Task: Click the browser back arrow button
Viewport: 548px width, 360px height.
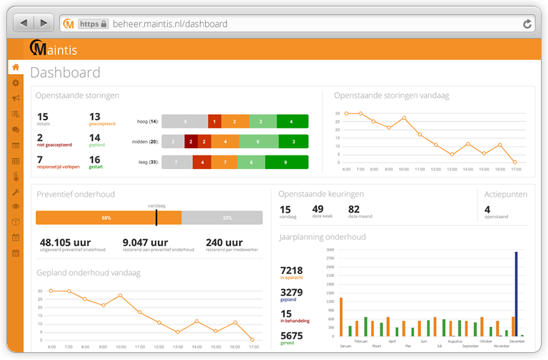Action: pyautogui.click(x=24, y=23)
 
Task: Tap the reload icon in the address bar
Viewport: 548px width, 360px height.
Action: pyautogui.click(x=527, y=24)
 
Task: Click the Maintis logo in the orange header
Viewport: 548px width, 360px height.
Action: pyautogui.click(x=54, y=48)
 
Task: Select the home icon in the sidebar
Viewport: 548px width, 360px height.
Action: pyautogui.click(x=15, y=67)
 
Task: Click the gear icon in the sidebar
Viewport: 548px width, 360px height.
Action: pyautogui.click(x=15, y=83)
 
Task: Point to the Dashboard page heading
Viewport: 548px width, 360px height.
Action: pyautogui.click(x=65, y=72)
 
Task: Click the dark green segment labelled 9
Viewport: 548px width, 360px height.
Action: pyautogui.click(x=286, y=163)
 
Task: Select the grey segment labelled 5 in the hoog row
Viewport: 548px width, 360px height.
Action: pyautogui.click(x=184, y=121)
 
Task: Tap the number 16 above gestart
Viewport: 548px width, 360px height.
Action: pyautogui.click(x=95, y=160)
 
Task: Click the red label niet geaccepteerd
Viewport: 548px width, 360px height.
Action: pyautogui.click(x=54, y=145)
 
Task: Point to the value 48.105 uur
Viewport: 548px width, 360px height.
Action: pyautogui.click(x=65, y=243)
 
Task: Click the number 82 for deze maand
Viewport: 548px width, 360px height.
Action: pyautogui.click(x=354, y=209)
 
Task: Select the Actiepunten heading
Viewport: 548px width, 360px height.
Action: pyautogui.click(x=506, y=194)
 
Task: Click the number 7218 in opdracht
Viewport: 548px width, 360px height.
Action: pyautogui.click(x=291, y=270)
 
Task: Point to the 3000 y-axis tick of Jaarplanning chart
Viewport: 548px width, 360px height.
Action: pyautogui.click(x=329, y=249)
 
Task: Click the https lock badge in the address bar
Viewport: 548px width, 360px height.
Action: pyautogui.click(x=93, y=24)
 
